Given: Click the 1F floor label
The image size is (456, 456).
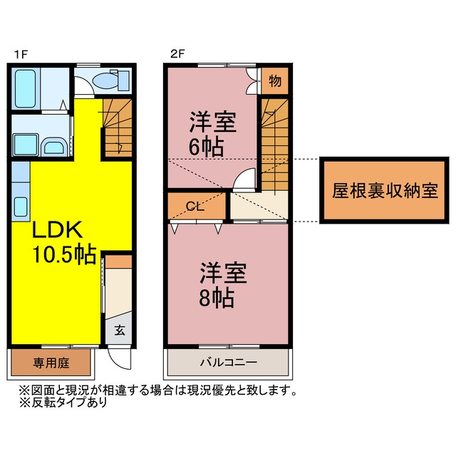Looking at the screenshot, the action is (x=21, y=54).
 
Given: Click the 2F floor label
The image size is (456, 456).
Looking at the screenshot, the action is (x=177, y=54).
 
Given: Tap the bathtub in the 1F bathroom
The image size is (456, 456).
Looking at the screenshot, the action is (x=26, y=88).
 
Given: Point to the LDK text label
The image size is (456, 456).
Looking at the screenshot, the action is (x=57, y=230).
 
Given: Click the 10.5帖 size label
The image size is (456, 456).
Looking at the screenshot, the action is (x=64, y=254).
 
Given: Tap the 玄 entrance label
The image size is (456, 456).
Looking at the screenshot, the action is (x=119, y=330).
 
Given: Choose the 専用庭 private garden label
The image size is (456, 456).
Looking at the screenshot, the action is (x=51, y=363).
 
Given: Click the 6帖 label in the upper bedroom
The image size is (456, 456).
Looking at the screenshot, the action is (x=206, y=147).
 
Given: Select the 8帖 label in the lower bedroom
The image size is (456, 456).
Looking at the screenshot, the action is (x=217, y=298).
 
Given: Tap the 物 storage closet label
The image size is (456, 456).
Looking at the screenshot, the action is (x=275, y=81).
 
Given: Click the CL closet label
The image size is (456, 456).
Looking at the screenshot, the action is (x=195, y=207).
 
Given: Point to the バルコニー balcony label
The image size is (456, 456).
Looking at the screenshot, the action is (x=229, y=363).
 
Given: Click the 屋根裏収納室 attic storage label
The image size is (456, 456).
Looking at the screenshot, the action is (x=385, y=191).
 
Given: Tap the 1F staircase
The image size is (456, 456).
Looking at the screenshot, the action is (x=118, y=128).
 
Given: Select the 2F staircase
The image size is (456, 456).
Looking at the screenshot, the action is (x=274, y=145).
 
